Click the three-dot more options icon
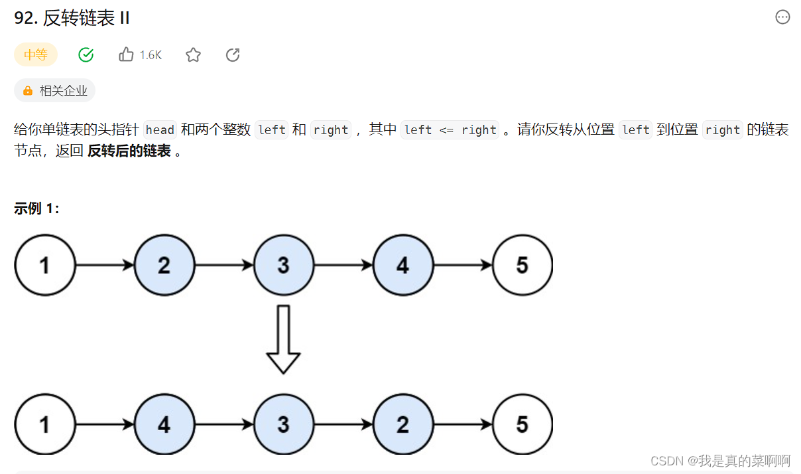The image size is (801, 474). (x=782, y=18)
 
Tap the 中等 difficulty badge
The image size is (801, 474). (x=36, y=55)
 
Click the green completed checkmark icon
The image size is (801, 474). (x=86, y=55)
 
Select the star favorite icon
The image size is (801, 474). (x=193, y=55)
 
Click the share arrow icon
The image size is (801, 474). (x=233, y=55)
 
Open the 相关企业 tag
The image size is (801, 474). (x=55, y=91)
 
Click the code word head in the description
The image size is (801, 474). (x=160, y=130)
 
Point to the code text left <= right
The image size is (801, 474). (x=450, y=130)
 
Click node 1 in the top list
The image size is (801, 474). (x=44, y=266)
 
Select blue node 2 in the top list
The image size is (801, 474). (x=164, y=266)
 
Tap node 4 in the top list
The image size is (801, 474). (x=402, y=266)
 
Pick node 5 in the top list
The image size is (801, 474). (x=522, y=266)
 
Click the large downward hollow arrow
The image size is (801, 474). (x=283, y=339)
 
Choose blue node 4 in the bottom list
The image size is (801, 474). (x=164, y=424)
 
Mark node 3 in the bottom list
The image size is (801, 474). (x=283, y=424)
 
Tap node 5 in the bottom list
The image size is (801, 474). (x=522, y=424)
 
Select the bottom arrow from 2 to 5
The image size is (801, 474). (x=462, y=424)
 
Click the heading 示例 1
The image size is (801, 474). (x=37, y=208)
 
